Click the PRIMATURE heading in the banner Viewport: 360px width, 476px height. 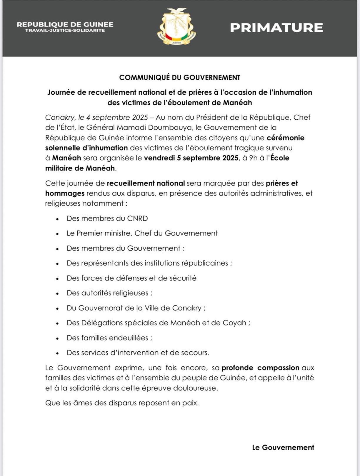[276, 28]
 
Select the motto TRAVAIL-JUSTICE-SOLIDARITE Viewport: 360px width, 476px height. [65, 31]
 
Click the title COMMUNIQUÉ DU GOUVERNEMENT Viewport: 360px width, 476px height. [180, 78]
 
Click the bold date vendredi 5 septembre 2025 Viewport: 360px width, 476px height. [191, 158]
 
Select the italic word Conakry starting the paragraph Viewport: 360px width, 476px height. [60, 118]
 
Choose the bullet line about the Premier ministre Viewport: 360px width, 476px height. [142, 233]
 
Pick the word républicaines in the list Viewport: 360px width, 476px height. [205, 263]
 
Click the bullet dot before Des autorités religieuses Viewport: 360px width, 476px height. [58, 293]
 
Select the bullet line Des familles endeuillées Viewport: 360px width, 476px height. [109, 338]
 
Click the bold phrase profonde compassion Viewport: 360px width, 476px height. [260, 368]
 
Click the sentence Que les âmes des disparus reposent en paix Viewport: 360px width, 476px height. [122, 403]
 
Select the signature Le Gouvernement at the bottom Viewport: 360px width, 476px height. [283, 447]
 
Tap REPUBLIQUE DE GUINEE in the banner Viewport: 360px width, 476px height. [65, 24]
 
